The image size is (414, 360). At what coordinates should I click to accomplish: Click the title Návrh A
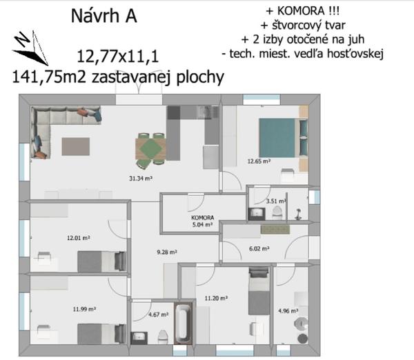click(x=103, y=16)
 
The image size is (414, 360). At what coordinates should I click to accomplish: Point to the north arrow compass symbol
click(x=30, y=48)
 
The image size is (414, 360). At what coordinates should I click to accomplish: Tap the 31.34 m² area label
click(x=141, y=179)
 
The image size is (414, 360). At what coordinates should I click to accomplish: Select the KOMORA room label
click(x=202, y=218)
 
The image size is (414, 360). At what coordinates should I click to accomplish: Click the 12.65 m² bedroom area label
click(x=259, y=161)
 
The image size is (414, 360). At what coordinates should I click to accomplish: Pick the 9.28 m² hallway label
click(x=167, y=252)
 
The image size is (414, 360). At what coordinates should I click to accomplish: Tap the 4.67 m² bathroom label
click(x=159, y=314)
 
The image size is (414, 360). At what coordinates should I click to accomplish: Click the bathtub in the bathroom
click(x=183, y=323)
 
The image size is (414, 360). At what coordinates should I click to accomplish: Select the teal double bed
click(x=283, y=138)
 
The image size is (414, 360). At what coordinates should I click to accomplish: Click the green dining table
click(x=150, y=149)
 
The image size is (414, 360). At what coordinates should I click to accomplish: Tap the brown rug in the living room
click(x=76, y=147)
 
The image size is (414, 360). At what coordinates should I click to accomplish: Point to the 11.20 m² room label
click(x=216, y=298)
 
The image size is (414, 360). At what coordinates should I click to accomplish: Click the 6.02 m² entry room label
click(x=259, y=249)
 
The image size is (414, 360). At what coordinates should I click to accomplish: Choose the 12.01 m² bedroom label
click(x=79, y=238)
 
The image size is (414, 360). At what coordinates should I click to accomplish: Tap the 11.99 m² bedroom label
click(x=84, y=309)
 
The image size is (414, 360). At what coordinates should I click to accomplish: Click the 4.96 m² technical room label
click(x=288, y=311)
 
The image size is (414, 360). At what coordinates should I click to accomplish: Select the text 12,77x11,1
click(x=118, y=57)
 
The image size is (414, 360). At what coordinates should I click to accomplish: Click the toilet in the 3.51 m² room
click(x=277, y=212)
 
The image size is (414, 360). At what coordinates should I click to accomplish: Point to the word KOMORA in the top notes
click(x=300, y=11)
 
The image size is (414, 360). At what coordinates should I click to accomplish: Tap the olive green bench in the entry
click(x=275, y=230)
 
